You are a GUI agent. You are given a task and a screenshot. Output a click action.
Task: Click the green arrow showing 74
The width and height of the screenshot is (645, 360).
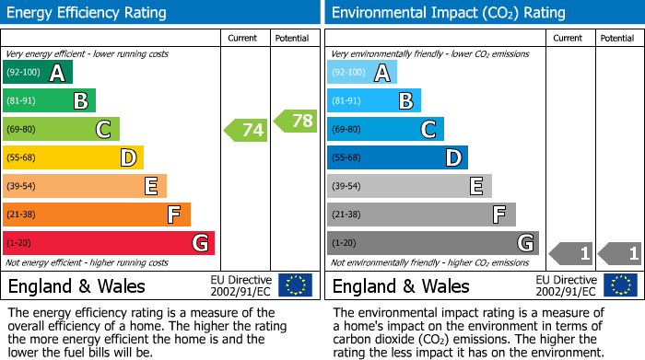pyautogui.click(x=246, y=130)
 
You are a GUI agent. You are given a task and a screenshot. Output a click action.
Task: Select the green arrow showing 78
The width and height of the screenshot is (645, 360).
pyautogui.click(x=296, y=121)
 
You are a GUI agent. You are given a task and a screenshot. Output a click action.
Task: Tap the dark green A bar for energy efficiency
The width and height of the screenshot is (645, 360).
pyautogui.click(x=38, y=73)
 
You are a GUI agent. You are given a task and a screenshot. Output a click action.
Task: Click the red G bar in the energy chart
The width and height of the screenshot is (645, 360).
pyautogui.click(x=109, y=243)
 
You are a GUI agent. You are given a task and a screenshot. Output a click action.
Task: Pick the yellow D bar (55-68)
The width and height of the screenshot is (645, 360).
pyautogui.click(x=73, y=157)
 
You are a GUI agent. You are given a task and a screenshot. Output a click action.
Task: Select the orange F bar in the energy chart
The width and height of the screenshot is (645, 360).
pyautogui.click(x=97, y=215)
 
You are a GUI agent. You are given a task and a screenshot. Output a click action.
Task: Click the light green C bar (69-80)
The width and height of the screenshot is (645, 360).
pyautogui.click(x=61, y=130)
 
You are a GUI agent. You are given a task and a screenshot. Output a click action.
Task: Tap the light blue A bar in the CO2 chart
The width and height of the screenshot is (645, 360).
pyautogui.click(x=362, y=73)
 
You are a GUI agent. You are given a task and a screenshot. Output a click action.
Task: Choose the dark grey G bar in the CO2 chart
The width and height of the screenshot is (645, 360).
pyautogui.click(x=433, y=243)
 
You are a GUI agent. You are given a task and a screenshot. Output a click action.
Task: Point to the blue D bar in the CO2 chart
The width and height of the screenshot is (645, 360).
pyautogui.click(x=397, y=157)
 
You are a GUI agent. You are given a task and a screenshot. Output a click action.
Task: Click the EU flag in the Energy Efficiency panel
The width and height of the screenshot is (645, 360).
pyautogui.click(x=295, y=285)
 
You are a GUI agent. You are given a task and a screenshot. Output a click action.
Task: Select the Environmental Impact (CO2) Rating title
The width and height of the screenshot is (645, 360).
pyautogui.click(x=449, y=13)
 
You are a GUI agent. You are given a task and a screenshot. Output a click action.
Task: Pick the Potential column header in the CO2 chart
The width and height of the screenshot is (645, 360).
pyautogui.click(x=617, y=38)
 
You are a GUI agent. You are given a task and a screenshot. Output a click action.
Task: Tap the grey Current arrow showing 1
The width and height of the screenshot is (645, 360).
pyautogui.click(x=570, y=252)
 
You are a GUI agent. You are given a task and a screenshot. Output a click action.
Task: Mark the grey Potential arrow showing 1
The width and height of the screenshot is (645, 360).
pyautogui.click(x=620, y=252)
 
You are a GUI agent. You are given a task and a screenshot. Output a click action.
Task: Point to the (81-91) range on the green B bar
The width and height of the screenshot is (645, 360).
pyautogui.click(x=23, y=101)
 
